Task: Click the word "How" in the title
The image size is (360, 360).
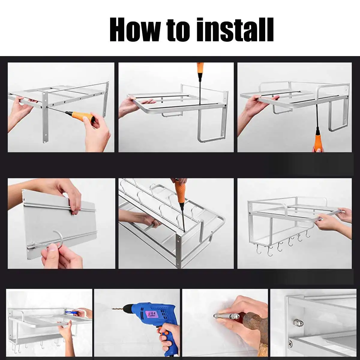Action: pyautogui.click(x=135, y=29)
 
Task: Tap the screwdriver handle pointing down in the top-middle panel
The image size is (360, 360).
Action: pyautogui.click(x=200, y=70)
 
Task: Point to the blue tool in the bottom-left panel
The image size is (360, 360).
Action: pyautogui.click(x=72, y=312)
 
